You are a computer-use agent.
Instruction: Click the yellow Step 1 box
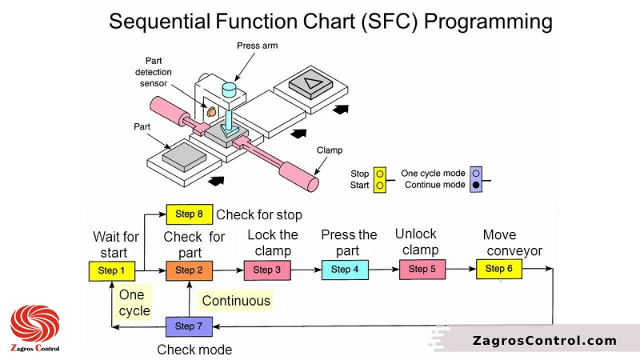coord(111,270)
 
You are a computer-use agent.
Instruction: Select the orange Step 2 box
coord(189,270)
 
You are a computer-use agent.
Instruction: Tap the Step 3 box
coord(266,270)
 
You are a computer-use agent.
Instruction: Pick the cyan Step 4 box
coord(345,270)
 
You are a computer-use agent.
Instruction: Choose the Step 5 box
coord(422,269)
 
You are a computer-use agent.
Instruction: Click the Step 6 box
coord(499,269)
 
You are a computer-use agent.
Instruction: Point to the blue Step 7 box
coord(189,326)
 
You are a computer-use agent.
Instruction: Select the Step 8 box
coord(189,214)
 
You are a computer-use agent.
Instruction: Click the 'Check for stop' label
coord(259,214)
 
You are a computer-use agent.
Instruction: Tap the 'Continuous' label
coord(236,301)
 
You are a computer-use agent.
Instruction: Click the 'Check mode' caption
coord(194,350)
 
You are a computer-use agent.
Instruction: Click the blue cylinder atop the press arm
coord(230,89)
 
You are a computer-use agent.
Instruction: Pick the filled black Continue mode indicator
coord(476,186)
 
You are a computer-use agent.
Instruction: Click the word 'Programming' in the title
coord(488,21)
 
